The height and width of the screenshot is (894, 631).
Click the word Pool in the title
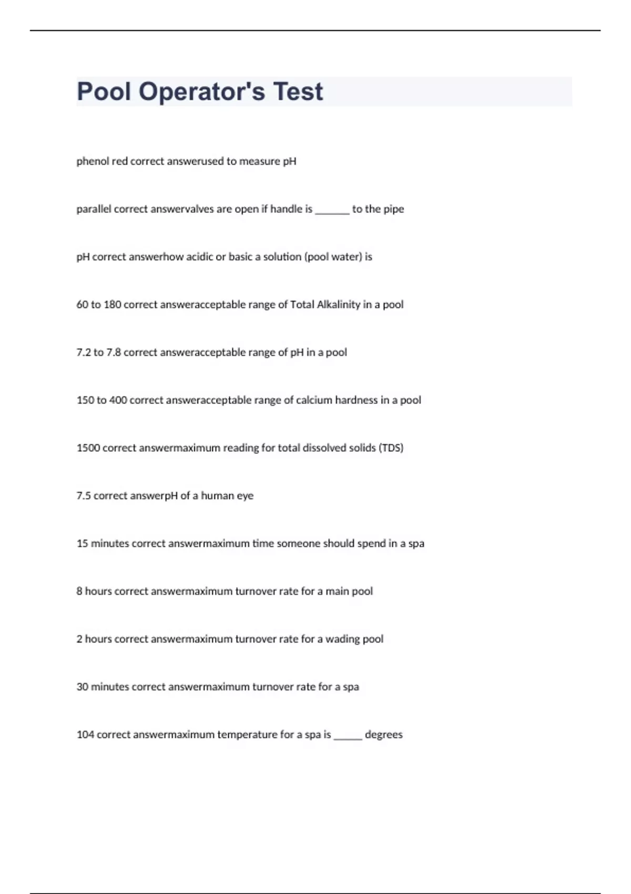click(104, 92)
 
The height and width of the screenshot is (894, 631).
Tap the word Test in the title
click(298, 92)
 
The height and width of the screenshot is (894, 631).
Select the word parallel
click(94, 209)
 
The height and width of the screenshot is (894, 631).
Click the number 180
click(113, 305)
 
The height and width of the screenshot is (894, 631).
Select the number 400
click(118, 401)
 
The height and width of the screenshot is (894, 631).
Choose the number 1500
click(88, 449)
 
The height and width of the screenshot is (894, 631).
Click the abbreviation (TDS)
click(391, 449)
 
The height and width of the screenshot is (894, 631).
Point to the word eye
click(245, 496)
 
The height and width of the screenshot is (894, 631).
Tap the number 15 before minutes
click(82, 544)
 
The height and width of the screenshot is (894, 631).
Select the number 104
click(85, 735)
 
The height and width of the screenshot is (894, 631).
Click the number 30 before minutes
click(82, 687)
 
